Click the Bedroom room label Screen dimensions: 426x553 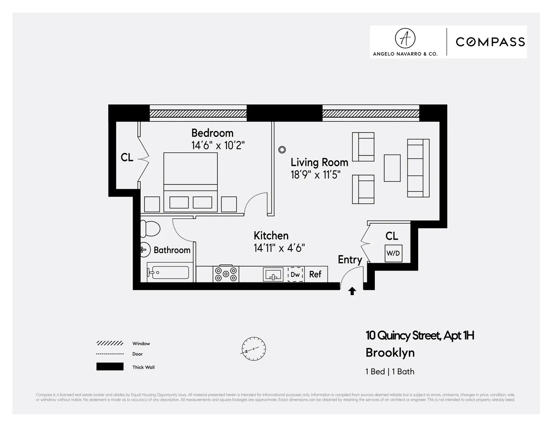point(212,133)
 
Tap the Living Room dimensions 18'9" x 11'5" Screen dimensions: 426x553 point(315,175)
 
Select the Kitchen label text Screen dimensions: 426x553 point(271,236)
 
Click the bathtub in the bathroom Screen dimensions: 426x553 point(168,272)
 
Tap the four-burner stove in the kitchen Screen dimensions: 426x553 point(226,273)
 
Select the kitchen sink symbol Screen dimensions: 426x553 point(273,275)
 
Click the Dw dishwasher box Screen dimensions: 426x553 point(295,275)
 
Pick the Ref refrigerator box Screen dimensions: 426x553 point(315,275)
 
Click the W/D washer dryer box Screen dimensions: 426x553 point(393,253)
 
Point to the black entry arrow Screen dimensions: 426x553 point(352,291)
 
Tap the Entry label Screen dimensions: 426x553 point(350,259)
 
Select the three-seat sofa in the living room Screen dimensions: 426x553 point(418,168)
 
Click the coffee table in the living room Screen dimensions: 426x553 point(392,168)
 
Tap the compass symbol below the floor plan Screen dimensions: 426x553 point(253,348)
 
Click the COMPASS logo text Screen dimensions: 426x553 point(490,42)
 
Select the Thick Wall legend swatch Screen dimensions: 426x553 point(110,367)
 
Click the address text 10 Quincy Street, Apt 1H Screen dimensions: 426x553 point(420,336)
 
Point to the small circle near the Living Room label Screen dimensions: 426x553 point(282,150)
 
